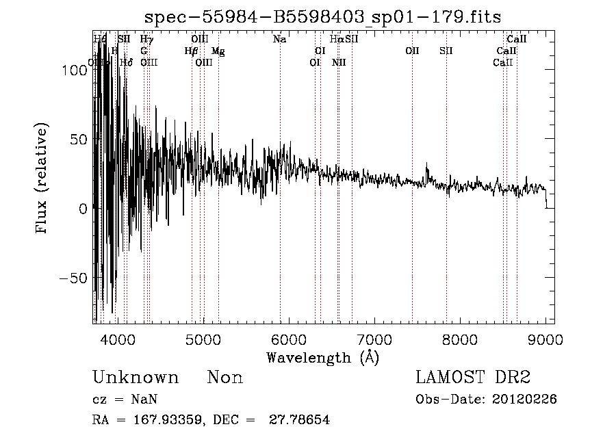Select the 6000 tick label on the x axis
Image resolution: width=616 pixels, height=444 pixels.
289,337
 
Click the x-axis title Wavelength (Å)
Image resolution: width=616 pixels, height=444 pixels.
322,357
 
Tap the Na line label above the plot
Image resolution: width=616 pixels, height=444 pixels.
279,40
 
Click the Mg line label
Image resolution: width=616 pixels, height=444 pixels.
218,51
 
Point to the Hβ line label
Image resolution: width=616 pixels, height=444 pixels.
192,51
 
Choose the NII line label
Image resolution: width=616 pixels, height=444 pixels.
338,62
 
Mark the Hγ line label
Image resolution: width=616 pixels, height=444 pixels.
146,40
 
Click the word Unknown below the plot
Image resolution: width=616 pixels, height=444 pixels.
135,378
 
